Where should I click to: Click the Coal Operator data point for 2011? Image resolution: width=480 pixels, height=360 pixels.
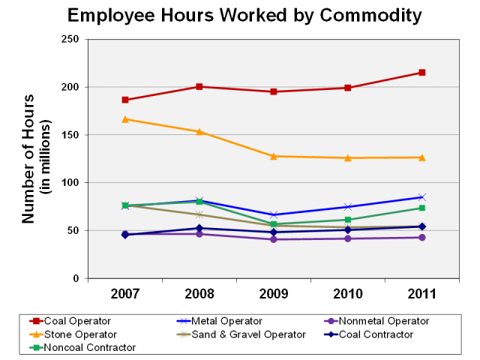click(x=422, y=73)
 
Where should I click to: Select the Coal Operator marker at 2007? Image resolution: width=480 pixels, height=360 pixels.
click(x=125, y=100)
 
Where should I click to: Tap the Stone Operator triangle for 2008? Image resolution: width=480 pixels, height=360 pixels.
click(x=199, y=131)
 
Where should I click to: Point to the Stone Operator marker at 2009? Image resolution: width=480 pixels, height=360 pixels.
click(x=274, y=156)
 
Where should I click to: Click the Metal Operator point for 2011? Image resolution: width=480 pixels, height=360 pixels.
click(x=422, y=197)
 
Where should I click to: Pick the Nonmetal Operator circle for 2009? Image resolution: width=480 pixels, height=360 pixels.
click(x=274, y=239)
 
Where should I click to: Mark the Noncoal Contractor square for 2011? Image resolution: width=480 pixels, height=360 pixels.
click(x=422, y=208)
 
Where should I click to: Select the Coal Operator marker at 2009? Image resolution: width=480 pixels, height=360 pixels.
click(x=274, y=91)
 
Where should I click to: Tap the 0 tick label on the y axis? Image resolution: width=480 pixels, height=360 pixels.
click(x=77, y=279)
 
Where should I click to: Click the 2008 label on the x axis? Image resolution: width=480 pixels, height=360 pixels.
click(x=199, y=293)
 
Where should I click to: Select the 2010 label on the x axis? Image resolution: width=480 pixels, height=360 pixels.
click(x=348, y=293)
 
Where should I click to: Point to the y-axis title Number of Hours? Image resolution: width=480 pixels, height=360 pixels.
click(x=28, y=159)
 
